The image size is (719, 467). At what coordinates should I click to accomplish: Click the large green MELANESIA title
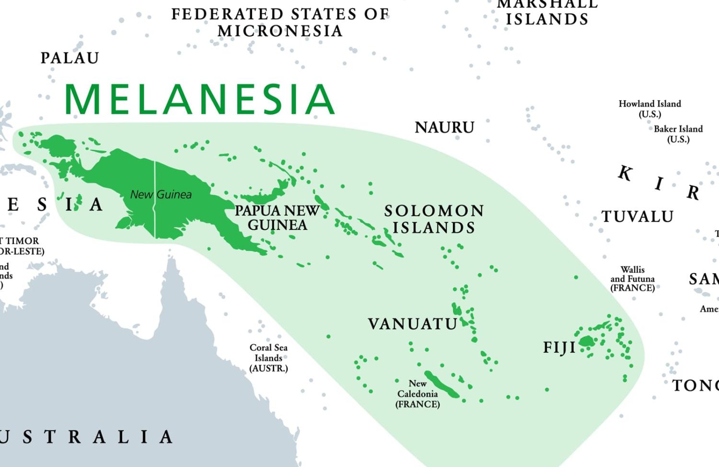point(199,99)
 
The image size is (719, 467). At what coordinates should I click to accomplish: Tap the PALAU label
point(70,58)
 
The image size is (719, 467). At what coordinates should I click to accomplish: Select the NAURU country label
point(444,128)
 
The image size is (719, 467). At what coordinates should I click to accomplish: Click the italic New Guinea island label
point(161,194)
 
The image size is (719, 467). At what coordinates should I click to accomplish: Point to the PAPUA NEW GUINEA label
point(277,217)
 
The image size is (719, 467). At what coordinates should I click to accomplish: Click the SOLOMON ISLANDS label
point(434,219)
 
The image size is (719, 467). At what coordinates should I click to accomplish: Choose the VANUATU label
point(412,324)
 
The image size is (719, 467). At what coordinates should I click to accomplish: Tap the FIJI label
point(559,347)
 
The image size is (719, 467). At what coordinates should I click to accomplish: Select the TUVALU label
point(637,216)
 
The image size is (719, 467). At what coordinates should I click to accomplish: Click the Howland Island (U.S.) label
point(649,109)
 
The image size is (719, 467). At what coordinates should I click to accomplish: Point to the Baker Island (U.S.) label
point(678,134)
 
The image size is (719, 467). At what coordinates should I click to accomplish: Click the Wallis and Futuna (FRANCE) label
point(632,279)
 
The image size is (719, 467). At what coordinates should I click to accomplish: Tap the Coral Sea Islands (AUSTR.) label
point(268,358)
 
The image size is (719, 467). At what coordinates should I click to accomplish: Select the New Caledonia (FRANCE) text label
point(417,394)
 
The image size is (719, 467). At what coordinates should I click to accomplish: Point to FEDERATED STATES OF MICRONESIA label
point(280,22)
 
